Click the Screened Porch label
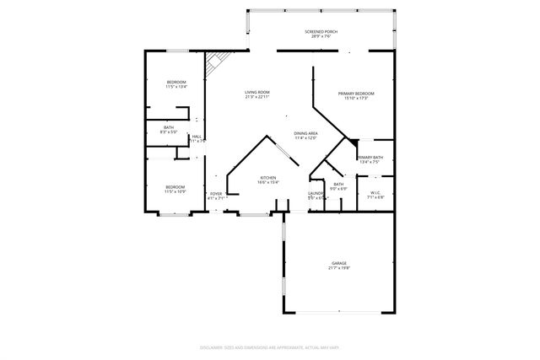[x=321, y=32]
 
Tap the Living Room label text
[x=256, y=92]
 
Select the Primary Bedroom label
[x=355, y=93]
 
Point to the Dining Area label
[x=305, y=133]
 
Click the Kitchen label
[x=268, y=177]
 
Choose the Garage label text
[x=338, y=264]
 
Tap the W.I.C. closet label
[x=375, y=192]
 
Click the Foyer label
[x=216, y=194]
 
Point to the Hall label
[x=197, y=136]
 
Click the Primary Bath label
[x=370, y=158]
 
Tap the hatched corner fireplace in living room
[x=217, y=62]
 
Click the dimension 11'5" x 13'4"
[x=175, y=87]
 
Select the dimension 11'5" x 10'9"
[x=175, y=192]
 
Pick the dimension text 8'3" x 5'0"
[x=169, y=132]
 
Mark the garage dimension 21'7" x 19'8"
[x=338, y=269]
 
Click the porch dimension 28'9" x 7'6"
[x=321, y=37]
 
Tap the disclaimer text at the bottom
[x=269, y=347]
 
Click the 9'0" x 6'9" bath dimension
[x=338, y=188]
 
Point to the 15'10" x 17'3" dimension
[x=355, y=98]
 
